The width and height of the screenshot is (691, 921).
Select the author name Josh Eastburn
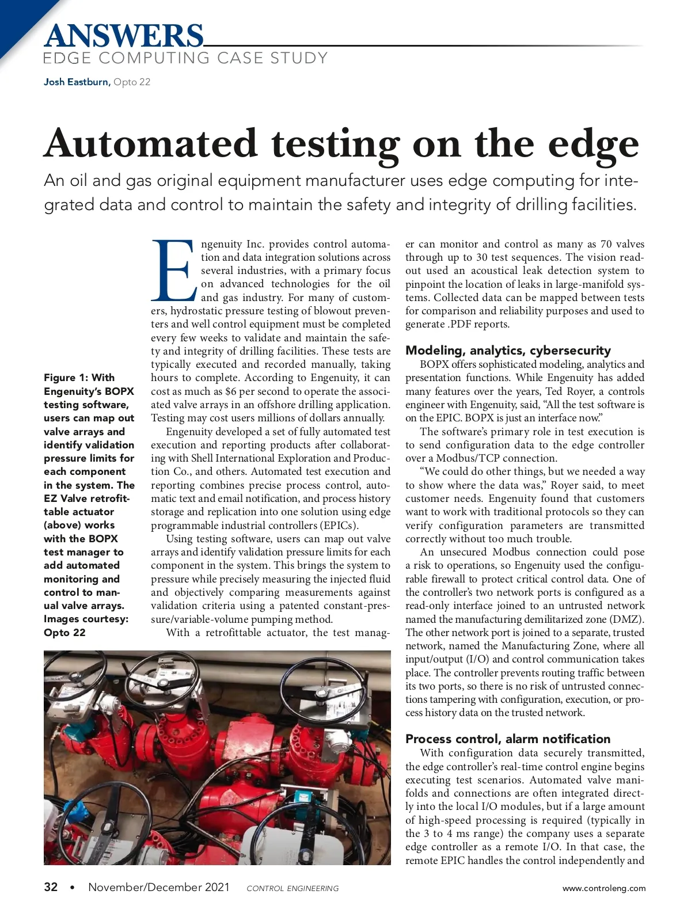76,82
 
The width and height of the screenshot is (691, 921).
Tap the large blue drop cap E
173,271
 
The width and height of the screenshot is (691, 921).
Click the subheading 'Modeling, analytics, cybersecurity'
508,350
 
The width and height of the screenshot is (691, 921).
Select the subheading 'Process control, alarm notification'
508,739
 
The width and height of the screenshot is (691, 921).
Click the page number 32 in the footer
51,887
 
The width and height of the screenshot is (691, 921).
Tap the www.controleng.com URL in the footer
604,888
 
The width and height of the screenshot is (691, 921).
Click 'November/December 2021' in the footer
158,887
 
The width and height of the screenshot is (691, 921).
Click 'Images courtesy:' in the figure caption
86,619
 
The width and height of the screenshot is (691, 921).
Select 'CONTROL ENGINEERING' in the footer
293,888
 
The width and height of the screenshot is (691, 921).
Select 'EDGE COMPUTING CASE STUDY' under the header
185,58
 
